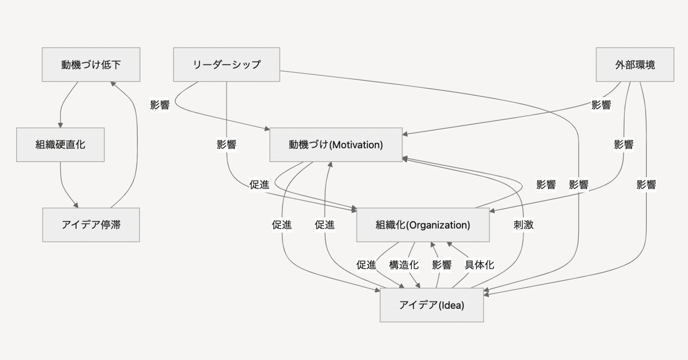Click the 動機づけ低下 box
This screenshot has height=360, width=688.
91,64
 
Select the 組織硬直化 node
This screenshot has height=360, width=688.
60,145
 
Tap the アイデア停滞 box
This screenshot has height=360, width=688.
91,225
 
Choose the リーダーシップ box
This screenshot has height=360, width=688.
227,64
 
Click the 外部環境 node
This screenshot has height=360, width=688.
635,64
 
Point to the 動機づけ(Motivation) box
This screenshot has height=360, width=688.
335,145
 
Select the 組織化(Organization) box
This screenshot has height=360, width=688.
422,225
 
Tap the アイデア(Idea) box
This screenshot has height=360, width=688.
431,305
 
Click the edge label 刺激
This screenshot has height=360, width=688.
523,225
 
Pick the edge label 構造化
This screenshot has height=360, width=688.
404,265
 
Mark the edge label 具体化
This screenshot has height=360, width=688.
479,265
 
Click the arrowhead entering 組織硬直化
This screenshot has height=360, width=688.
60,125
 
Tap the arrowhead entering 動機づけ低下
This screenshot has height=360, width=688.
112,84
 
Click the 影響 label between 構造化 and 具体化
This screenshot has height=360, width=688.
441,265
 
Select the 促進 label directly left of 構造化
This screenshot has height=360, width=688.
366,265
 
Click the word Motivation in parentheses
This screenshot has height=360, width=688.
356,145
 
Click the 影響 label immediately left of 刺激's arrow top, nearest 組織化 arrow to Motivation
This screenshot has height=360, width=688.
546,185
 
